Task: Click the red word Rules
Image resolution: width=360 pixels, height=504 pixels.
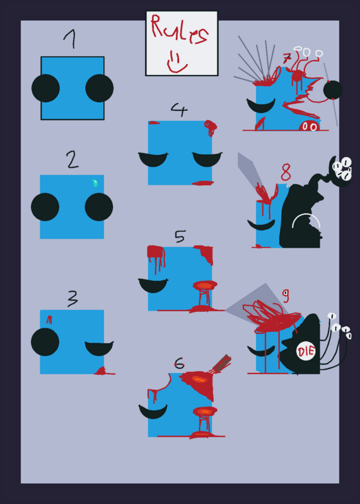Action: point(180,30)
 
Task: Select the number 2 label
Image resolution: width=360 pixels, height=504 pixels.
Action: point(72,160)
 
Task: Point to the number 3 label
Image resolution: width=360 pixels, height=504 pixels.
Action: point(73,299)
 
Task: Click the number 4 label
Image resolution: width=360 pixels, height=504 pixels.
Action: point(179,110)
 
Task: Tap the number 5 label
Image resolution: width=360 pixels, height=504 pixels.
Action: point(180,236)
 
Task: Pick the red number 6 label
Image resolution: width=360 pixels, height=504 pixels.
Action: point(179,364)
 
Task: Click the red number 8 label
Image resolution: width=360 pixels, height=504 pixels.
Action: point(286,172)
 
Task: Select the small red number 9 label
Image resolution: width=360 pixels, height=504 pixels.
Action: point(286,295)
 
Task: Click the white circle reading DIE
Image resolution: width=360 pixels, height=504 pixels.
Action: point(306,352)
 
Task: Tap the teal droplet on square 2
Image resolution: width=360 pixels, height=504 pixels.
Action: point(95,183)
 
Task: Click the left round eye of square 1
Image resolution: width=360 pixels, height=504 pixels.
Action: point(45,88)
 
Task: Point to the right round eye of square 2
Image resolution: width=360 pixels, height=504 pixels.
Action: point(99,207)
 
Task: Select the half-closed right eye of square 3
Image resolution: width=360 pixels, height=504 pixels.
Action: point(99,348)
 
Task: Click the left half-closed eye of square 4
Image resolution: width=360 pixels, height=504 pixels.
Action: point(153,159)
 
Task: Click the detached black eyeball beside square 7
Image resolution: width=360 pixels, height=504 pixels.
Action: point(333,90)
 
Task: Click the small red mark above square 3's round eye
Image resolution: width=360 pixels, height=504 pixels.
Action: point(49,319)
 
